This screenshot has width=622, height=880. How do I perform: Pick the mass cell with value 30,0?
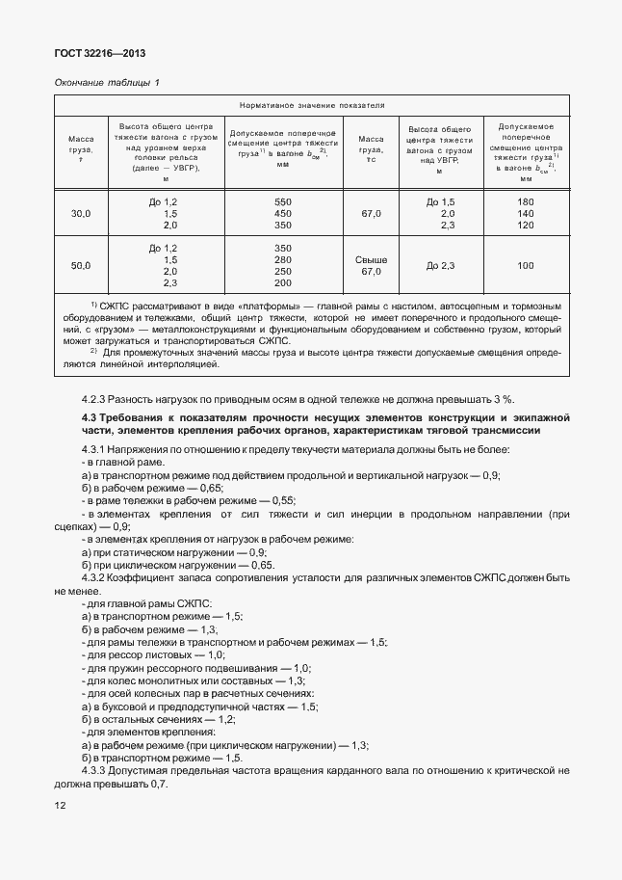pyautogui.click(x=81, y=213)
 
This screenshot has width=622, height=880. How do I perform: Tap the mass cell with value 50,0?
pyautogui.click(x=81, y=265)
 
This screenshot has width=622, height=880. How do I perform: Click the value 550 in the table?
pyautogui.click(x=283, y=200)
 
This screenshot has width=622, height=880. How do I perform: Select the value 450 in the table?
pyautogui.click(x=283, y=213)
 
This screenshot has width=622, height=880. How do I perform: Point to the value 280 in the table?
pyautogui.click(x=283, y=260)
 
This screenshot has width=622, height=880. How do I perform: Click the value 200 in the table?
pyautogui.click(x=283, y=283)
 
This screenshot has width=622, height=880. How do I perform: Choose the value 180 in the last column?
pyautogui.click(x=526, y=200)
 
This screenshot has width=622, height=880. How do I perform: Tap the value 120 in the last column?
pyautogui.click(x=526, y=225)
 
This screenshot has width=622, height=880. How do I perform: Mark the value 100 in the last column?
pyautogui.click(x=526, y=265)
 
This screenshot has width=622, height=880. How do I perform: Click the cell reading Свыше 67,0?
pyautogui.click(x=372, y=266)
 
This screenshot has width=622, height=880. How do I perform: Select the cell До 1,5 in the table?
pyautogui.click(x=440, y=200)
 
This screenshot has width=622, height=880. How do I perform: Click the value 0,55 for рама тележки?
pyautogui.click(x=280, y=500)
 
